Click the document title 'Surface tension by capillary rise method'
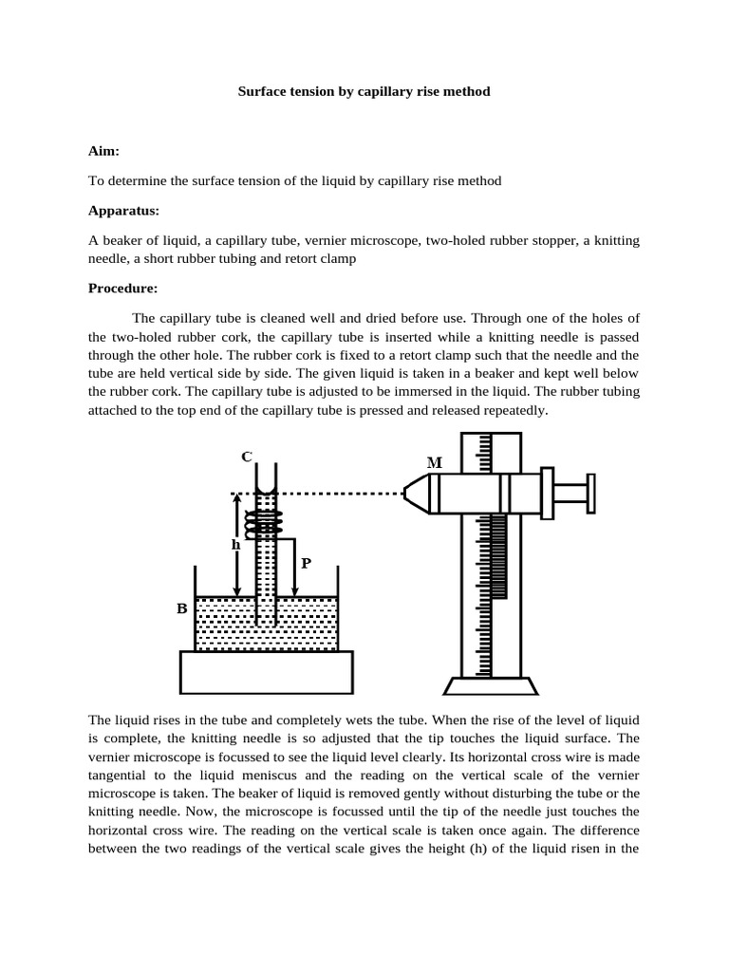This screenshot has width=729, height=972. pyautogui.click(x=364, y=93)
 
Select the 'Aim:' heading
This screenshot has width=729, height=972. pyautogui.click(x=103, y=151)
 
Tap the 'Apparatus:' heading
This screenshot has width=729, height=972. pyautogui.click(x=123, y=210)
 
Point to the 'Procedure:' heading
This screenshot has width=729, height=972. pyautogui.click(x=124, y=288)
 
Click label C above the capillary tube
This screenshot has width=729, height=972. pyautogui.click(x=246, y=457)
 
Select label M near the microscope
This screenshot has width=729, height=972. pyautogui.click(x=435, y=463)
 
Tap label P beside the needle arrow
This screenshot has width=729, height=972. pyautogui.click(x=306, y=564)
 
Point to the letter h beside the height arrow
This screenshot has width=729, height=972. pyautogui.click(x=235, y=545)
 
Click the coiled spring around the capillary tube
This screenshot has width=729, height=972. pyautogui.click(x=266, y=521)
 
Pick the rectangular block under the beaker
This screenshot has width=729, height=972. pyautogui.click(x=267, y=673)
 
